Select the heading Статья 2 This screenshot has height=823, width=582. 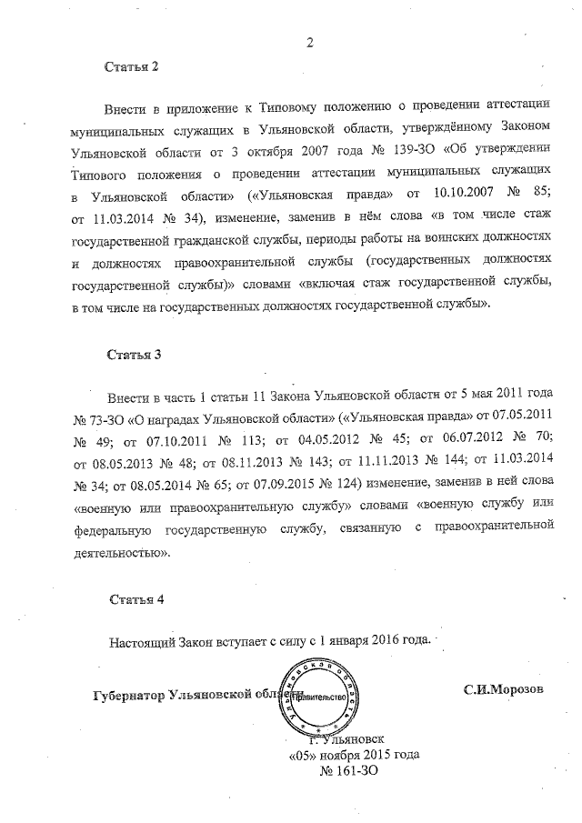tap(132, 67)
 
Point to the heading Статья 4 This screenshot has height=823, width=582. tap(135, 599)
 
